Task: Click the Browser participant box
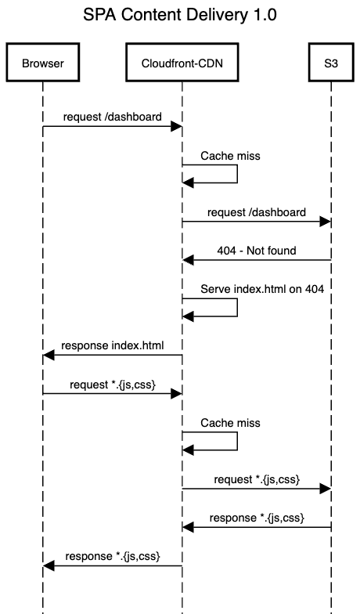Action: [x=43, y=64]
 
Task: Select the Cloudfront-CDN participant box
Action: [x=182, y=64]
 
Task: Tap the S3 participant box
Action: [x=330, y=64]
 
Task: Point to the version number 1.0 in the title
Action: [x=263, y=15]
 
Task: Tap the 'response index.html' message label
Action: [x=113, y=345]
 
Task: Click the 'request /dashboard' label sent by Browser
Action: [x=113, y=117]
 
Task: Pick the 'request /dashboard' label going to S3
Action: [x=256, y=212]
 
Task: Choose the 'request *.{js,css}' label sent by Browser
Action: [x=113, y=384]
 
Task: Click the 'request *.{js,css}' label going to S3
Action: [x=256, y=479]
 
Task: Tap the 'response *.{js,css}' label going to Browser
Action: [x=113, y=556]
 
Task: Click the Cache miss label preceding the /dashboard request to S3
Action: [x=230, y=156]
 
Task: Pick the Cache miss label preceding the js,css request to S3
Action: [x=230, y=423]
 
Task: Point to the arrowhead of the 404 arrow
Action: [x=188, y=260]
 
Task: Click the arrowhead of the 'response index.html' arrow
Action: [x=49, y=356]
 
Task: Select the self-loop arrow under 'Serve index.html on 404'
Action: [x=236, y=308]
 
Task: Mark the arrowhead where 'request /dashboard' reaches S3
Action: [x=325, y=222]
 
